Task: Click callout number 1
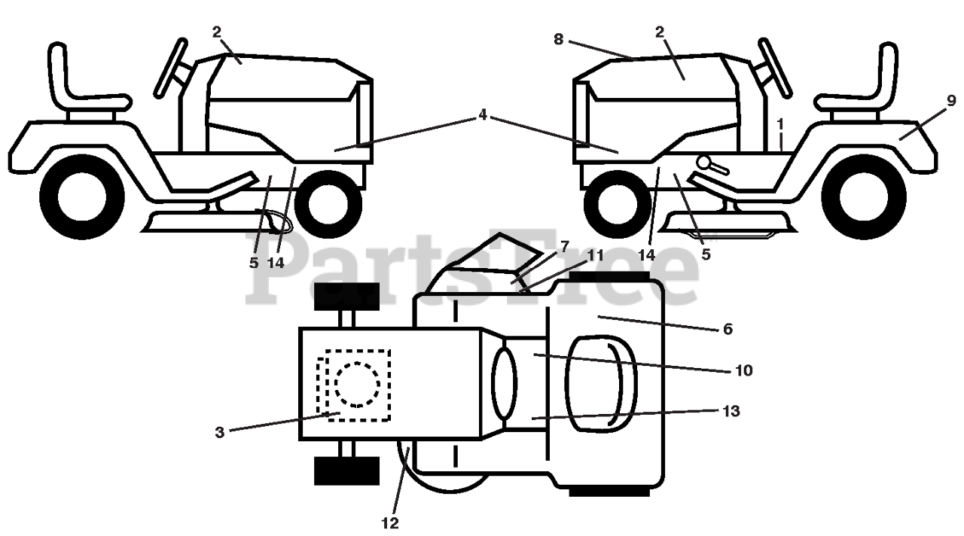click(781, 122)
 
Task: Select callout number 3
click(219, 431)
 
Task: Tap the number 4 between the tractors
click(482, 116)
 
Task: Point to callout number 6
click(726, 329)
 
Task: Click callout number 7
click(565, 247)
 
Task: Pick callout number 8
click(558, 39)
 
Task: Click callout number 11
click(596, 255)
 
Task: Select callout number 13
click(731, 411)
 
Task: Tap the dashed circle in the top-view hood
click(358, 384)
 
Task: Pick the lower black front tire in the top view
click(346, 471)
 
